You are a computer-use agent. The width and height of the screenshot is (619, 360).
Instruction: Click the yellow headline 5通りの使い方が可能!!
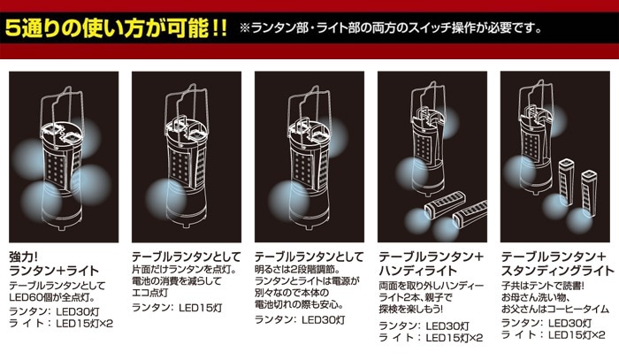(x=116, y=28)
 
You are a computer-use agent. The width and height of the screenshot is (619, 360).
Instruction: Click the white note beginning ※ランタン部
(x=391, y=28)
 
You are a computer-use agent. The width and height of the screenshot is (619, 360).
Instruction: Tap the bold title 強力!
(x=23, y=257)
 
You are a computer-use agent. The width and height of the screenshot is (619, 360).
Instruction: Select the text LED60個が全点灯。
(x=52, y=297)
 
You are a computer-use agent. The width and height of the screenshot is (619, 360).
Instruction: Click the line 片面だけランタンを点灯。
(x=184, y=271)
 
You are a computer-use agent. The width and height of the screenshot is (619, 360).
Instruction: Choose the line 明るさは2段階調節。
(x=298, y=270)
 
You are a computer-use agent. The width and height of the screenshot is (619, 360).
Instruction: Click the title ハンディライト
(x=417, y=271)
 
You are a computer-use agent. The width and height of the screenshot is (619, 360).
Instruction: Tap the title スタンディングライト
(x=558, y=271)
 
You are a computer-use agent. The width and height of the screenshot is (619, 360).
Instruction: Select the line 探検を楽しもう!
(x=411, y=309)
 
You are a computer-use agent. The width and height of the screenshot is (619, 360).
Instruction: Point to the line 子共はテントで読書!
(x=543, y=286)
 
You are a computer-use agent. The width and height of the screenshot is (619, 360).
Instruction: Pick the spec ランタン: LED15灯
(x=177, y=308)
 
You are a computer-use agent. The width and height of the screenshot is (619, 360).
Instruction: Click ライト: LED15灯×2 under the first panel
(x=61, y=324)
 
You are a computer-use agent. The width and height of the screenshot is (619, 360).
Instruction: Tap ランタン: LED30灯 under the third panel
(x=300, y=319)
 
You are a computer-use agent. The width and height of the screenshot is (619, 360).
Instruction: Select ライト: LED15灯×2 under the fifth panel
(x=553, y=335)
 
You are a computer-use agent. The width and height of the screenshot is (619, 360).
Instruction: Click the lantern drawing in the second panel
(x=186, y=158)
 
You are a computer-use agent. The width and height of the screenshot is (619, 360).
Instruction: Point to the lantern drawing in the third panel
(x=309, y=158)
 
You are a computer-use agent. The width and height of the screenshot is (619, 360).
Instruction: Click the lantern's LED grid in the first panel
(x=55, y=169)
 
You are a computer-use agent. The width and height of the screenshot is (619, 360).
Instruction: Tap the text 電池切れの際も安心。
(x=299, y=305)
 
